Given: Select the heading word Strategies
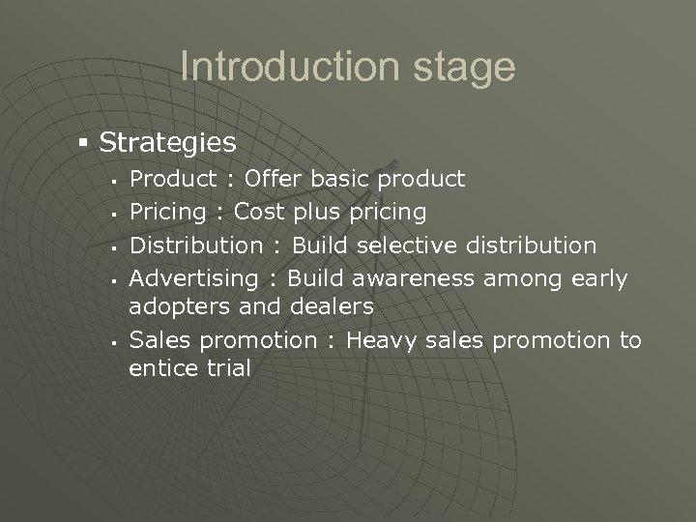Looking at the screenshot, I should point(167,143).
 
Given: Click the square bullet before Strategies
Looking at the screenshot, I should point(84,142).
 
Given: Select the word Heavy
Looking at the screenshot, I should point(381,341).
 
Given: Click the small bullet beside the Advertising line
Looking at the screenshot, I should point(114,280).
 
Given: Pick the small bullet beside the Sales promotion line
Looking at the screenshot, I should point(114,341).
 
